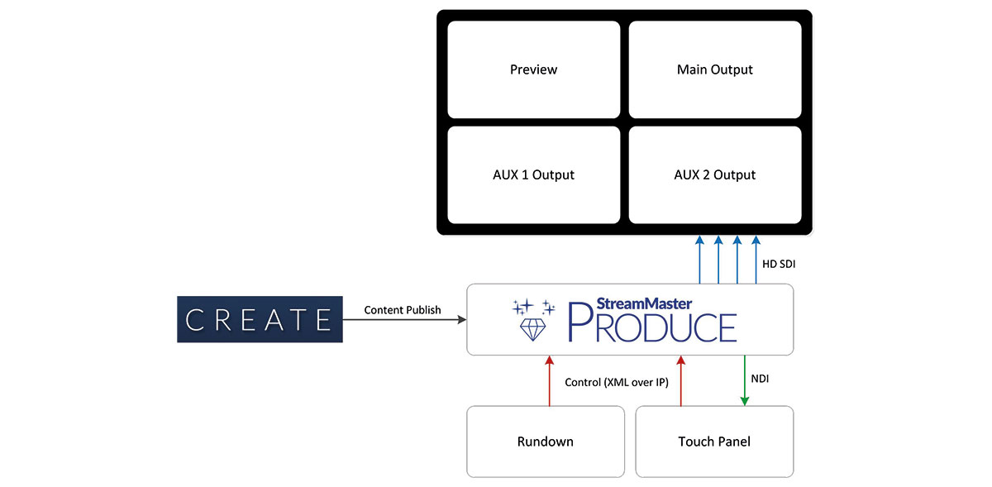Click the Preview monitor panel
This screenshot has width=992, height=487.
(x=534, y=69)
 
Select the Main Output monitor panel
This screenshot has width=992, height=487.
(x=715, y=69)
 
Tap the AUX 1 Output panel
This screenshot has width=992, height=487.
(x=534, y=174)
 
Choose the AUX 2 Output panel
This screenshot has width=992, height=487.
(x=715, y=174)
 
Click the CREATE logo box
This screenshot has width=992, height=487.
(x=260, y=319)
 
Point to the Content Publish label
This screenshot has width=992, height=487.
(x=403, y=310)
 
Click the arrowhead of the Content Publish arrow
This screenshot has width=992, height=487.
(x=462, y=319)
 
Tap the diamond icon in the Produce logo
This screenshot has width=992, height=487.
(x=532, y=329)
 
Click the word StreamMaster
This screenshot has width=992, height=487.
(x=644, y=303)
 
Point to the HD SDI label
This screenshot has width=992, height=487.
(x=779, y=264)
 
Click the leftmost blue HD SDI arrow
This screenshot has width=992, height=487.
(x=699, y=260)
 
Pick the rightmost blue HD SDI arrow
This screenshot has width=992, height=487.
(x=756, y=260)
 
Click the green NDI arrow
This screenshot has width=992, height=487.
(x=745, y=380)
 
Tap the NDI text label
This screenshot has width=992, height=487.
(x=760, y=379)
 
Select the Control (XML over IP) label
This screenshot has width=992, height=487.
(x=617, y=383)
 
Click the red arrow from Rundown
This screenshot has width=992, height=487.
(x=549, y=380)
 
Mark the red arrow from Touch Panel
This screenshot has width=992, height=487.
(x=681, y=380)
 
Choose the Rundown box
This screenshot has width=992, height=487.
(x=546, y=442)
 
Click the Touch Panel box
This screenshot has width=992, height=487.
(x=714, y=442)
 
